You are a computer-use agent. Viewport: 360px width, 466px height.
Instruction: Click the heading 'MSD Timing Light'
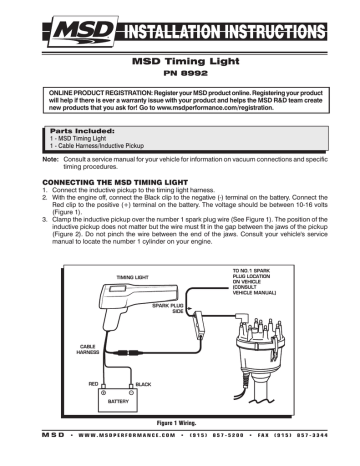click(x=179, y=60)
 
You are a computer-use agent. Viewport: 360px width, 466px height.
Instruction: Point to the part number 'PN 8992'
click(x=179, y=74)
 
